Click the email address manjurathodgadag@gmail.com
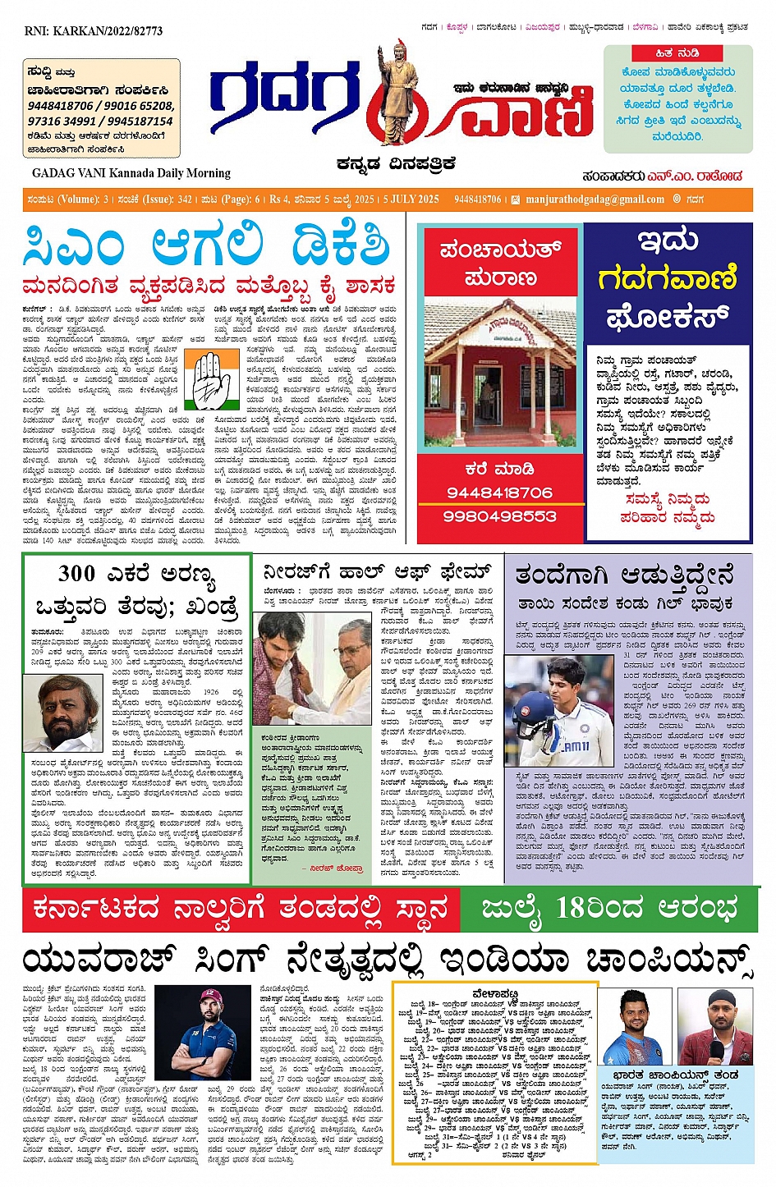coord(595,199)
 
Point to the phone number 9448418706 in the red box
coord(499,493)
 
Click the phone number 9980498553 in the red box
coord(499,516)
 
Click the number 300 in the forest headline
coord(77,573)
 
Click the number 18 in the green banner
coord(572,909)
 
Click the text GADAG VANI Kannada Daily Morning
coord(131,173)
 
